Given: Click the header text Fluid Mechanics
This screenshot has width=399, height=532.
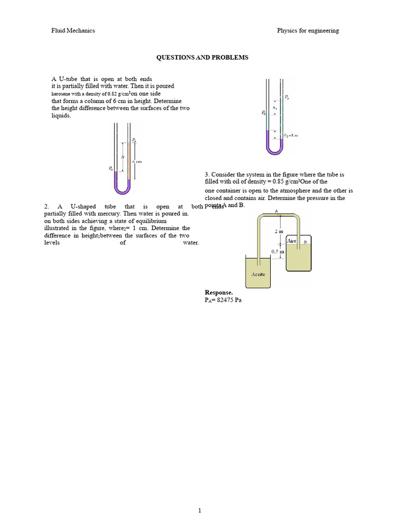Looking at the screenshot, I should pos(72,31).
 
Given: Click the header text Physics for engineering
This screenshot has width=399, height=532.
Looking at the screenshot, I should pos(308,31).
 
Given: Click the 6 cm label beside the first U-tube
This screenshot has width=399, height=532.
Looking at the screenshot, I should pos(137,162).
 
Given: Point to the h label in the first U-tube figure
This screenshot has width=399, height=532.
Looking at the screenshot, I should pos(123,156).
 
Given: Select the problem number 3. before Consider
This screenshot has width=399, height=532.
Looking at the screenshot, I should pos(207,175).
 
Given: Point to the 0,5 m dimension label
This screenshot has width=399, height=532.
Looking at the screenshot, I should pos(278,251).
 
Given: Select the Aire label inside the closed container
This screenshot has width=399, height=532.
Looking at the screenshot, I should pos(292,241).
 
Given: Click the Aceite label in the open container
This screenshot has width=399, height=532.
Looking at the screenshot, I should pos(258,274).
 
